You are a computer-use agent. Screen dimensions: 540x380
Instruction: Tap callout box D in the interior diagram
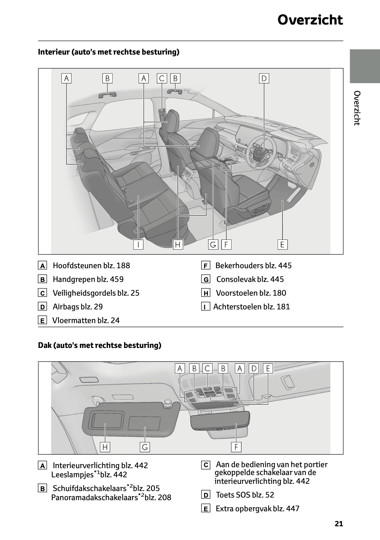click(264, 78)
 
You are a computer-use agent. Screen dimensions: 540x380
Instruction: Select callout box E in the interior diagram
click(282, 244)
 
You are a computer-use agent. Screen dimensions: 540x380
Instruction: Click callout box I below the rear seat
click(138, 244)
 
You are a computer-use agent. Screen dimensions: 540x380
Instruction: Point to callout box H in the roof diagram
click(105, 447)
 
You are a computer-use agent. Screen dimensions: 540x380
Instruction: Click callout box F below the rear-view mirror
click(236, 447)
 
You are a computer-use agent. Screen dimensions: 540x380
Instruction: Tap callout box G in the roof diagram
click(145, 447)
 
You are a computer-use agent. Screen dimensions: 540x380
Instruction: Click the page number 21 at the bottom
click(339, 524)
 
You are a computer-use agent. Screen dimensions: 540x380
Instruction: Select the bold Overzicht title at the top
click(310, 20)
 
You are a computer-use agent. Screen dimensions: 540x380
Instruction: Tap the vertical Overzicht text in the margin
click(357, 108)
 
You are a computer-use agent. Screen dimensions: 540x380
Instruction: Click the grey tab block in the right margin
click(365, 66)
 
